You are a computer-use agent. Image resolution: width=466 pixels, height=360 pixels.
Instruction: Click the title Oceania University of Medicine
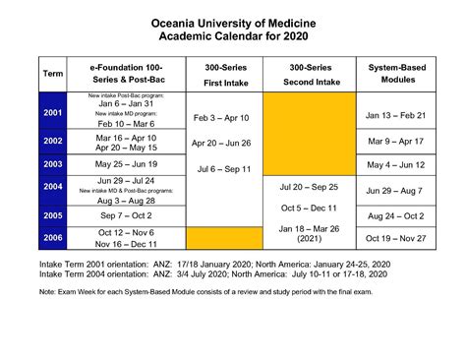(233, 23)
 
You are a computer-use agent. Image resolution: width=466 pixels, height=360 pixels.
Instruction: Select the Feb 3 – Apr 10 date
(221, 118)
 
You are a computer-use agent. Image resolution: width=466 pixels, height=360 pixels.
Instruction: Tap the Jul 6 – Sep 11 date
(221, 169)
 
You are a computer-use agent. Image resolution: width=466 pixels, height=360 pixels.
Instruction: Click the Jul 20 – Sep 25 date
(308, 187)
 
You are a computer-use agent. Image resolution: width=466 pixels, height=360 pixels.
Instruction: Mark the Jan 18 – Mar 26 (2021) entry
(308, 235)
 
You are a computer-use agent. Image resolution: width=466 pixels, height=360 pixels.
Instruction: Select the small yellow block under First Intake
(221, 238)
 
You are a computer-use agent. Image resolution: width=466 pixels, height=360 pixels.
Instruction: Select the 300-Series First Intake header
(221, 74)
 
